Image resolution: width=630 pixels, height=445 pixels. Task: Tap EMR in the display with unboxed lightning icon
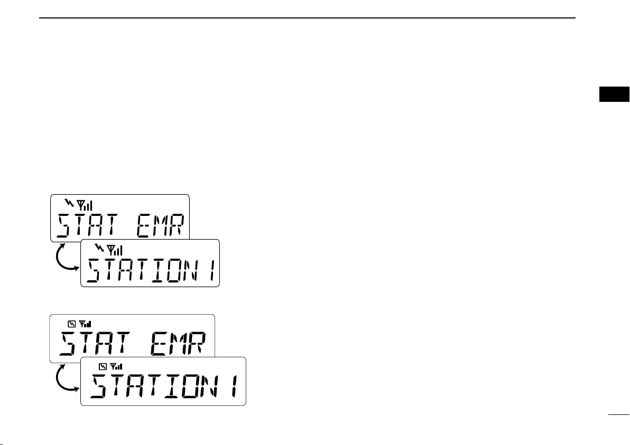click(x=160, y=225)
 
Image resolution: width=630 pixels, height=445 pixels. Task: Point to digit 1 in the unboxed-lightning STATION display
click(x=210, y=270)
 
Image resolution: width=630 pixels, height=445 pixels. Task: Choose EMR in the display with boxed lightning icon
click(x=179, y=344)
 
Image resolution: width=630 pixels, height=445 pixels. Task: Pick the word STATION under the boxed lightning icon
click(x=152, y=386)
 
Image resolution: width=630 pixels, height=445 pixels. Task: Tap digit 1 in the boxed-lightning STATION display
click(x=234, y=386)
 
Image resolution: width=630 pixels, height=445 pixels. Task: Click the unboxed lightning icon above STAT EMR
click(x=69, y=203)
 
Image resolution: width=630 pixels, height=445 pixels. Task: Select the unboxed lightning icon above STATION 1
click(x=99, y=248)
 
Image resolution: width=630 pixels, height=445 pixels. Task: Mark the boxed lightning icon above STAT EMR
click(x=71, y=324)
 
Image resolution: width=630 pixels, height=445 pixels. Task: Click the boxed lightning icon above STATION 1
click(x=103, y=366)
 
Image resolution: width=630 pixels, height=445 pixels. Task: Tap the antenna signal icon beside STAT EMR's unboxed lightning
click(x=85, y=205)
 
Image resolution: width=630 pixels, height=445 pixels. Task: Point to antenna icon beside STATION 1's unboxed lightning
click(x=115, y=250)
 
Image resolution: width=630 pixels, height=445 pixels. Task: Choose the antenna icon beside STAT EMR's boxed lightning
click(x=85, y=324)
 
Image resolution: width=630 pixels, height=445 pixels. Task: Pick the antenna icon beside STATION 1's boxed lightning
click(x=116, y=366)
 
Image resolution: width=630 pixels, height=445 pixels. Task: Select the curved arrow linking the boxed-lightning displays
click(x=58, y=379)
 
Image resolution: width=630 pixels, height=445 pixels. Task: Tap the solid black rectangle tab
click(x=614, y=94)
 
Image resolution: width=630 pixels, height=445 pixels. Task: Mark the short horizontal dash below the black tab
click(x=618, y=414)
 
